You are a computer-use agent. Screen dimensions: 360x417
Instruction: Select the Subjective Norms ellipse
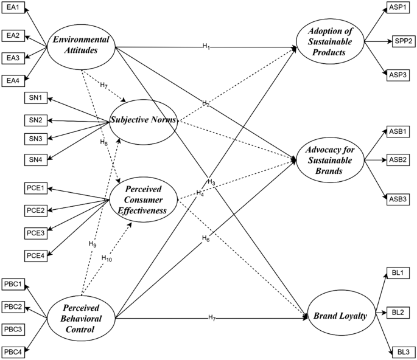coord(143,120)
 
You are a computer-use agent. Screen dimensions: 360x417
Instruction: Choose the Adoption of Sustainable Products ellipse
coord(330,43)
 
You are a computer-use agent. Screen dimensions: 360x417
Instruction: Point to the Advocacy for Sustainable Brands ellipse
coord(331,160)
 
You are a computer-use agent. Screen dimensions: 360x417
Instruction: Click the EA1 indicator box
coord(13,10)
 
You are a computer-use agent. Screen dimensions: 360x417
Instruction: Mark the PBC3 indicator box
coord(14,329)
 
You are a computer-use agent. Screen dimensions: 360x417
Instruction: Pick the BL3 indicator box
coord(403,351)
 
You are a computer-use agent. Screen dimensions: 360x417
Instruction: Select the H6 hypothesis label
coord(206,239)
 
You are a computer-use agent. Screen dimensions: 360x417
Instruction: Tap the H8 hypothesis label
coord(104,142)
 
